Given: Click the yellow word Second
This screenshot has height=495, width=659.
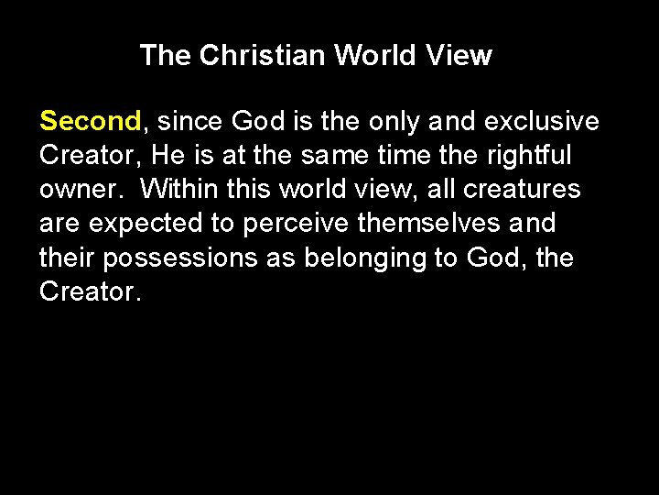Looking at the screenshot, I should coord(90,121).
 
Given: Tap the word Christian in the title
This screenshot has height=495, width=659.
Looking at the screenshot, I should coord(262,56).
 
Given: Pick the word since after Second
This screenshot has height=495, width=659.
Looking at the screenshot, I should coord(189,121).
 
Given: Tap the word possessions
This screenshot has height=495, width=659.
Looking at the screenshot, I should coord(180,258).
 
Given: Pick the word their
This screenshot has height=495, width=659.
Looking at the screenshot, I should coord(67,258).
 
